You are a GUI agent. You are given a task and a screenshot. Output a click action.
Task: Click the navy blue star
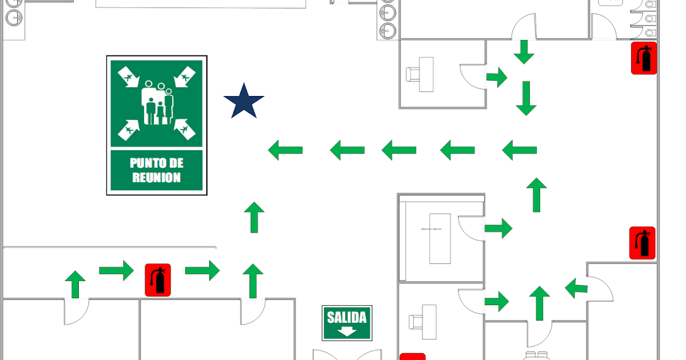click(x=244, y=102)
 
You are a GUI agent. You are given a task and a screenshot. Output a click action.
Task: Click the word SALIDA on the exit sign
click(x=346, y=317)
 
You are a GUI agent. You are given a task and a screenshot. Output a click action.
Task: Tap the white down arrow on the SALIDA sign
click(x=346, y=331)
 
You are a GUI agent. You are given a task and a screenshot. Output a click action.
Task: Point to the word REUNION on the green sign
click(x=157, y=177)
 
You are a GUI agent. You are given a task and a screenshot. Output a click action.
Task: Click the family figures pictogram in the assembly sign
click(x=157, y=103)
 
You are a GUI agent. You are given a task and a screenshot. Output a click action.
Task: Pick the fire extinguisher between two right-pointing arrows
click(x=158, y=280)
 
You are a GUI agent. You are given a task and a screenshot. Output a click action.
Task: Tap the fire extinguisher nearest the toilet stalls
click(x=644, y=58)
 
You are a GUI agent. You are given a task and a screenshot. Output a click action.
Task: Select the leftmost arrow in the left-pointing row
click(x=286, y=150)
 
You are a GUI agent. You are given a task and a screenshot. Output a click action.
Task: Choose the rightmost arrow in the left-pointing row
click(x=520, y=150)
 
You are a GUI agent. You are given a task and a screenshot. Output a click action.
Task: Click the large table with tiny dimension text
click(x=440, y=238)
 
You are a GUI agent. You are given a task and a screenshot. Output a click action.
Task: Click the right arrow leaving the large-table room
click(x=498, y=229)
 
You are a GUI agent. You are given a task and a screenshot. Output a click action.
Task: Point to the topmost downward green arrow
click(x=524, y=51)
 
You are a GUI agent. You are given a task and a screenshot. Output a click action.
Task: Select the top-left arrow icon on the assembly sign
click(x=127, y=77)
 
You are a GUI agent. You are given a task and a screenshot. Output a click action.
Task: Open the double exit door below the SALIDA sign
click(x=347, y=354)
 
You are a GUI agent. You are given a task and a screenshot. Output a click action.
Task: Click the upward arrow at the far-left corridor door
click(x=75, y=285)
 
